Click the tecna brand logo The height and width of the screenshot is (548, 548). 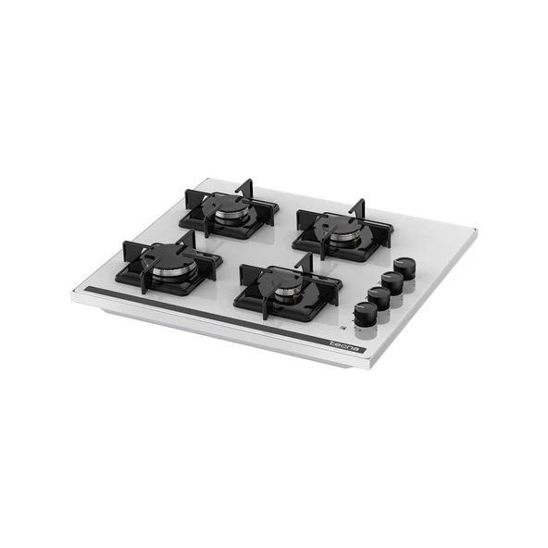point(344,346)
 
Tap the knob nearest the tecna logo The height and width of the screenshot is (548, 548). point(366,313)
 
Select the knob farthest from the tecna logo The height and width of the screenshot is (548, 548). point(405,268)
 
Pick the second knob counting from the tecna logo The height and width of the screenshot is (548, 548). point(379,298)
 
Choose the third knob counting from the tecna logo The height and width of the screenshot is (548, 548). point(392,282)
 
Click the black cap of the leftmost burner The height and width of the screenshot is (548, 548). point(170,257)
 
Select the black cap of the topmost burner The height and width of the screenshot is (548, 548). point(227,204)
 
